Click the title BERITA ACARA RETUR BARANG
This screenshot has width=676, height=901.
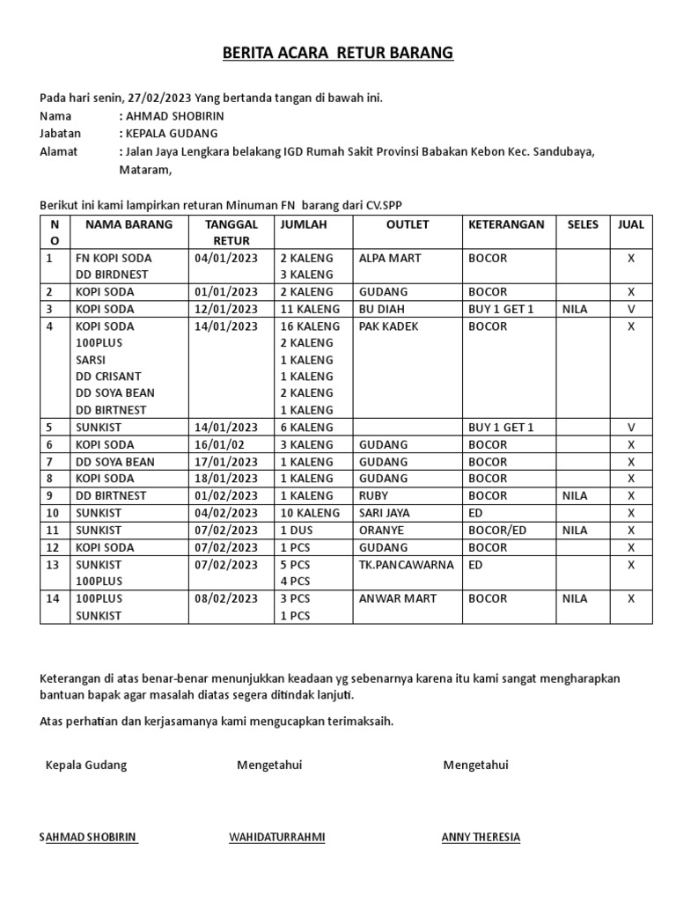(x=337, y=54)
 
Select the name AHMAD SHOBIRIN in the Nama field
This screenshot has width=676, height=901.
(x=176, y=116)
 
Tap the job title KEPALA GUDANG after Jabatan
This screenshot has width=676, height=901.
(x=172, y=134)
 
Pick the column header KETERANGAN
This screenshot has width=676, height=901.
(x=506, y=224)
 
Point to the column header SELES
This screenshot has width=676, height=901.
(x=583, y=224)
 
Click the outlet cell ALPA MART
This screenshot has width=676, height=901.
(x=390, y=259)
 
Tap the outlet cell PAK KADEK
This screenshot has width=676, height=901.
(x=389, y=326)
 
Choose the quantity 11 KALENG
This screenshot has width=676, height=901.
(x=309, y=310)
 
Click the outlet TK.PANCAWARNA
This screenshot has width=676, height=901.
(x=406, y=564)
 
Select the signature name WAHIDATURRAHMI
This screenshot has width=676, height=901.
(x=276, y=837)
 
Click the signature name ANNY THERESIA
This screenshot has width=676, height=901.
(x=481, y=837)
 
